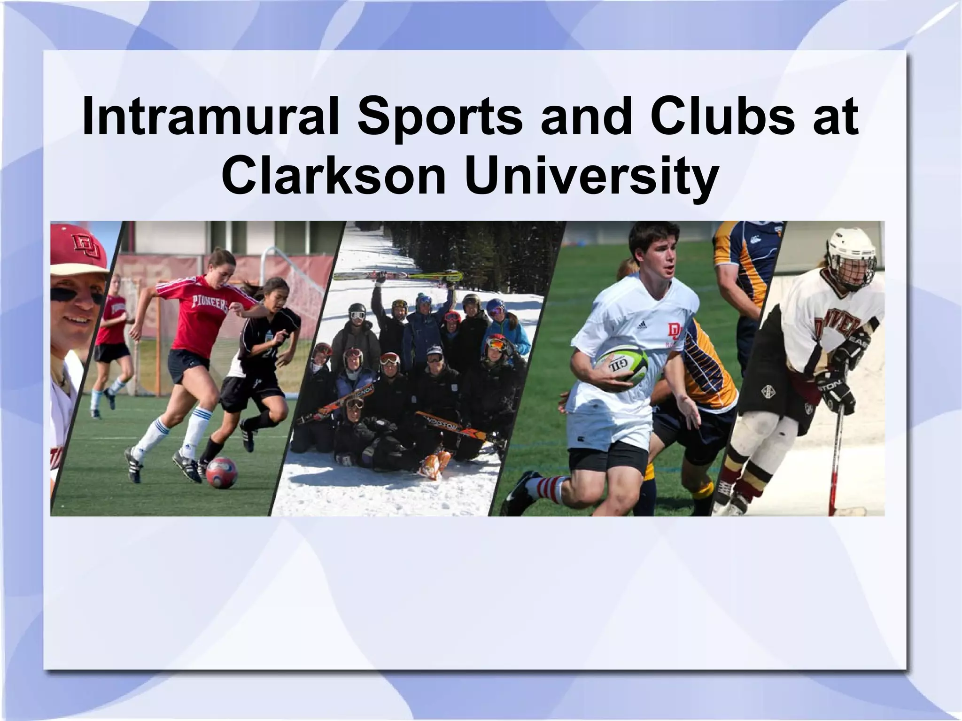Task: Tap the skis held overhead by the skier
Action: click(x=397, y=276)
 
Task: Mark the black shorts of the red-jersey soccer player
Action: click(x=188, y=364)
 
